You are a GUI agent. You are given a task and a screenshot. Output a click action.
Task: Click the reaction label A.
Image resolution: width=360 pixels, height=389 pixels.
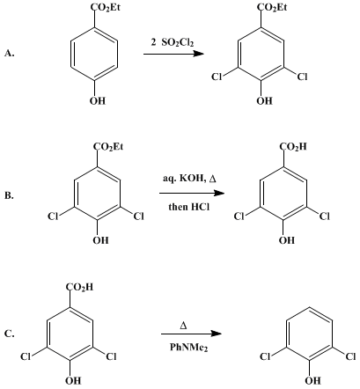pos(10,53)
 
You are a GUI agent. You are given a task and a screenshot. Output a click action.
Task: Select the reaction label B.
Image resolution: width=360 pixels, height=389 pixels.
pos(9,195)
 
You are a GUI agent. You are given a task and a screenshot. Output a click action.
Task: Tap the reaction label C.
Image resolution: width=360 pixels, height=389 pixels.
pos(10,334)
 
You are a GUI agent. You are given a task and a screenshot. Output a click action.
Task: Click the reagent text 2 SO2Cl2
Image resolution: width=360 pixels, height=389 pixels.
pos(173,43)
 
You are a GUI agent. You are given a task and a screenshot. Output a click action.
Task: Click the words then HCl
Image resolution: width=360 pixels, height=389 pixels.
pos(189,207)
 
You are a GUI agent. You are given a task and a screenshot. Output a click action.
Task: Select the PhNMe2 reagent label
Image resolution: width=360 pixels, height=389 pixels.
pos(189,348)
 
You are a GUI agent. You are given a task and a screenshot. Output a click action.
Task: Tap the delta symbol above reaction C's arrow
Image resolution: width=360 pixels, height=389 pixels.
pos(183,326)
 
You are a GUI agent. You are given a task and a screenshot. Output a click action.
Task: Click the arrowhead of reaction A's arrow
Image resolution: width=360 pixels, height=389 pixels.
pos(198,54)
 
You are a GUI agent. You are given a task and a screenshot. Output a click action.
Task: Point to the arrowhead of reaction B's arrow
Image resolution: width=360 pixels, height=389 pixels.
pos(219,193)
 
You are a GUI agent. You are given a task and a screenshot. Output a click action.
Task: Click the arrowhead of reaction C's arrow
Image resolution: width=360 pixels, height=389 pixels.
pos(216,334)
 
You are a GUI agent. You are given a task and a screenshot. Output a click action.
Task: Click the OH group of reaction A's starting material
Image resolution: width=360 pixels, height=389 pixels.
pos(98,101)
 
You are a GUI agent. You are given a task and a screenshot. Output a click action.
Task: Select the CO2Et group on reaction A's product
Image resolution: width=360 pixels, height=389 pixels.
pos(272,7)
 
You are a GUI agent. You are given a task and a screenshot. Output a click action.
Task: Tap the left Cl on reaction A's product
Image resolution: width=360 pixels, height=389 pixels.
pos(217,77)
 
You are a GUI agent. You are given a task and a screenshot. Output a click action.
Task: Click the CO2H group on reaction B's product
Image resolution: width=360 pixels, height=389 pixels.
pos(292,146)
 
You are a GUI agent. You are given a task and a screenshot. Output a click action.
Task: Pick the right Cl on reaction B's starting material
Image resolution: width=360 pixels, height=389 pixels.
pos(138,217)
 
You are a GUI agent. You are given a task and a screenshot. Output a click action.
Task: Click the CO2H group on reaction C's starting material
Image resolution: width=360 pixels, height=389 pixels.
pos(79,287)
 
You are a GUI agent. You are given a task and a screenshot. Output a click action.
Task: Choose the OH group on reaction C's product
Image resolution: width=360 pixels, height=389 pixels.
pos(312,381)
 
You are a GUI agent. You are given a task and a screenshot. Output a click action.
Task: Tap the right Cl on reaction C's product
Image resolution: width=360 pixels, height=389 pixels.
pos(350,357)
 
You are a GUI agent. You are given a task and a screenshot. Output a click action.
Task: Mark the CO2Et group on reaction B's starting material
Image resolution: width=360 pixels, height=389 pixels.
pos(108,146)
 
